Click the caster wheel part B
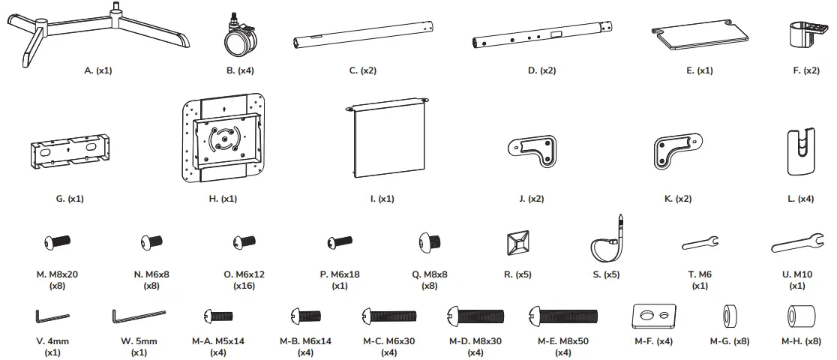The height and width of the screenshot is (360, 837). coord(239,37)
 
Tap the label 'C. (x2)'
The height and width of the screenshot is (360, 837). coord(363,70)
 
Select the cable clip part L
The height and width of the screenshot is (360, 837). coord(802,152)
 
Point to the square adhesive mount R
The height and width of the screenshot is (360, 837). coord(517,242)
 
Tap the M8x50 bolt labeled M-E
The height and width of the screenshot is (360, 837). coord(563,315)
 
